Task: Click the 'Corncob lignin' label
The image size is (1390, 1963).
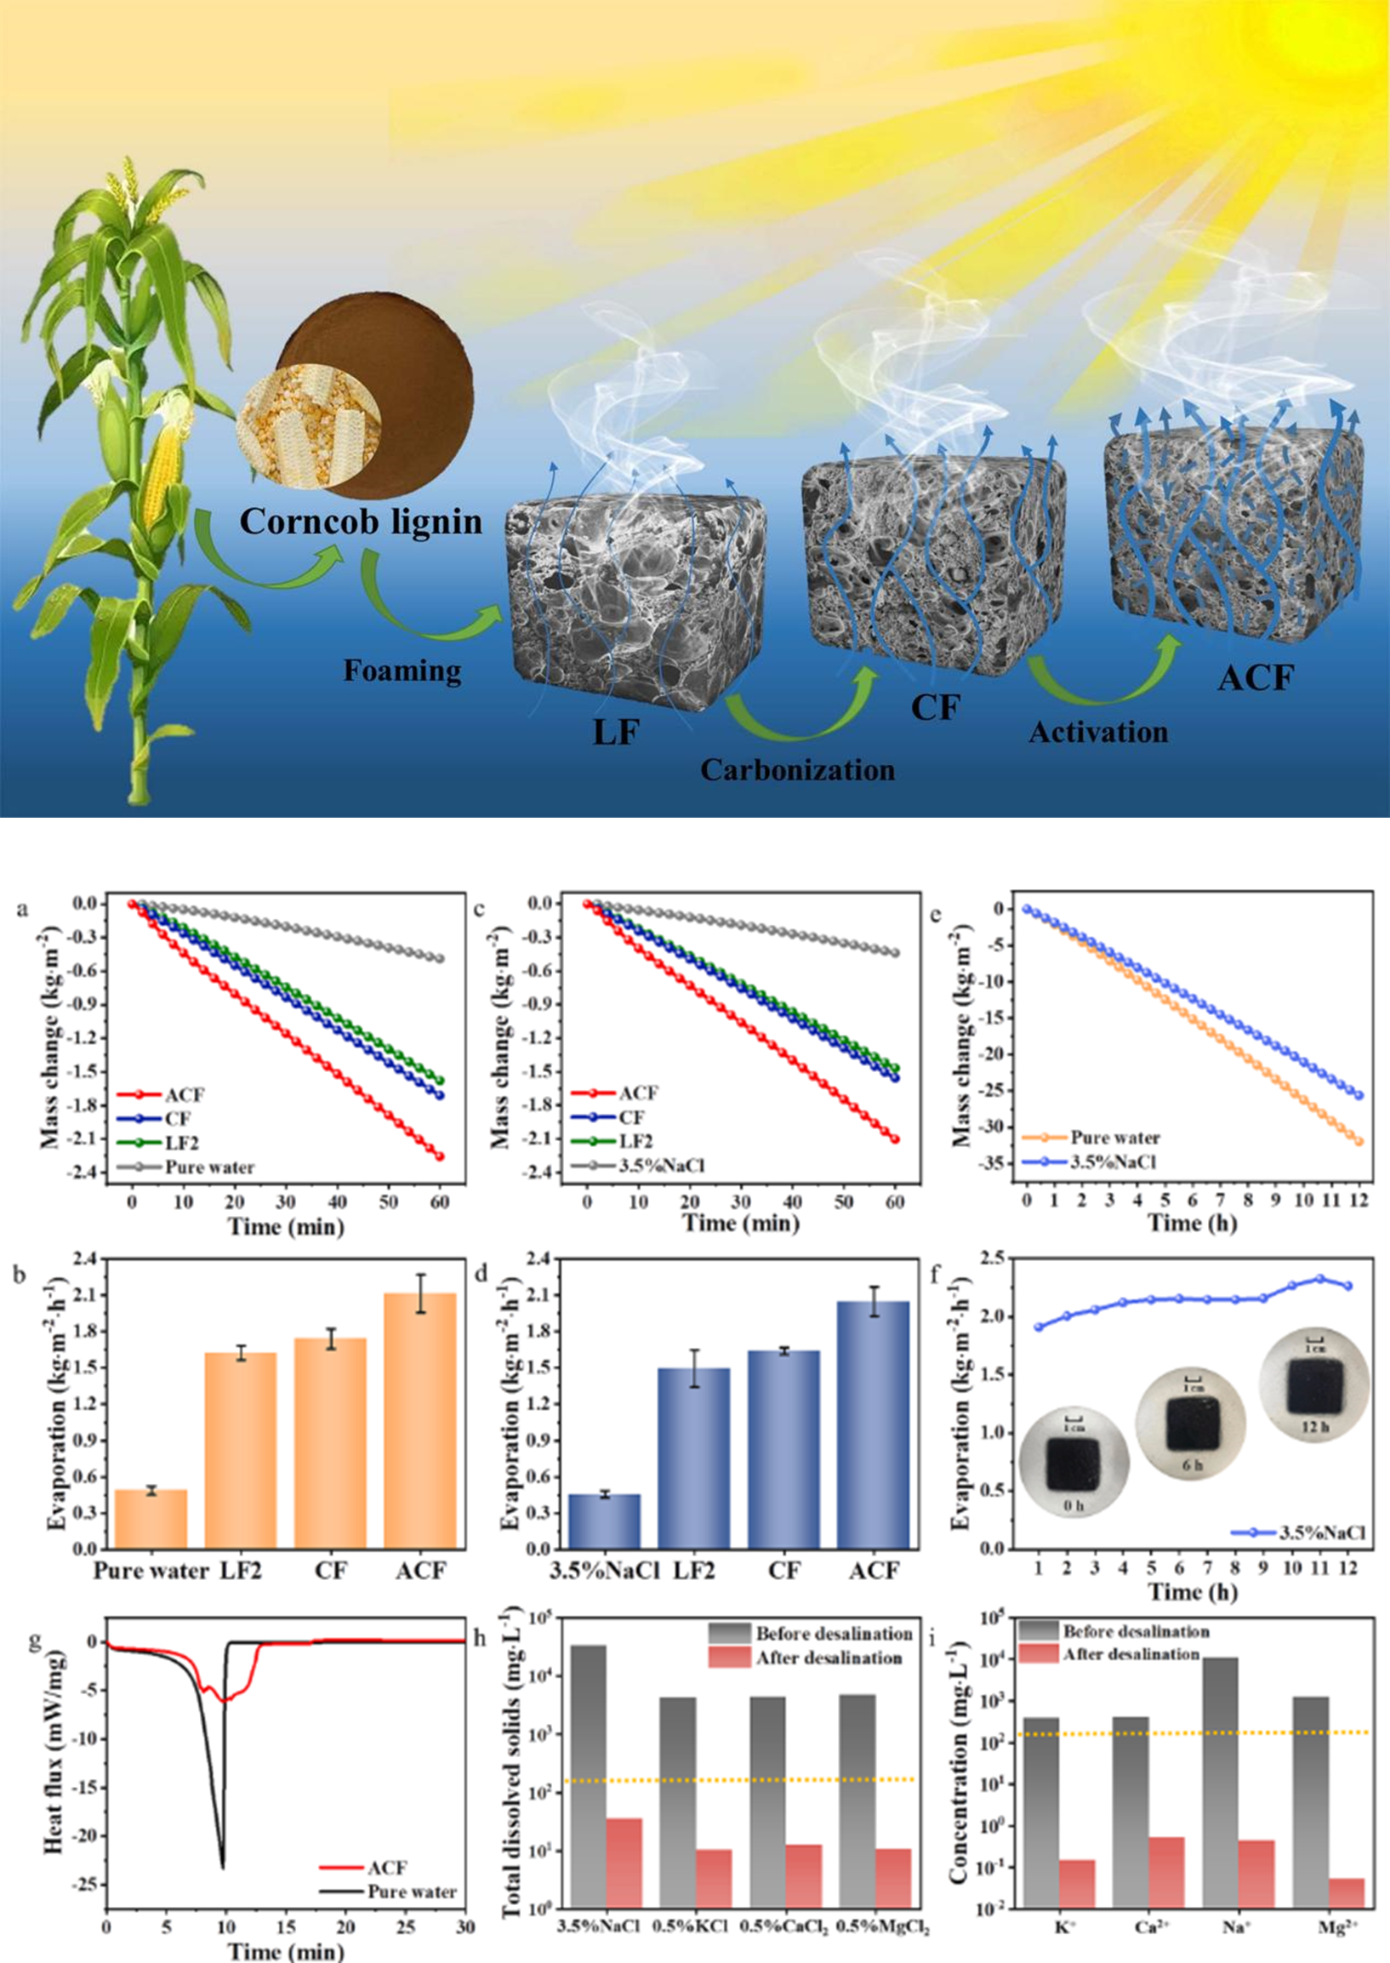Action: (361, 522)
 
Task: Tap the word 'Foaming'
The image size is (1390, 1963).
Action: (402, 671)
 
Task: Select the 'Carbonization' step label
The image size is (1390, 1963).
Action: (797, 769)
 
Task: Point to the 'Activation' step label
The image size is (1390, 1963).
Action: (1098, 733)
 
